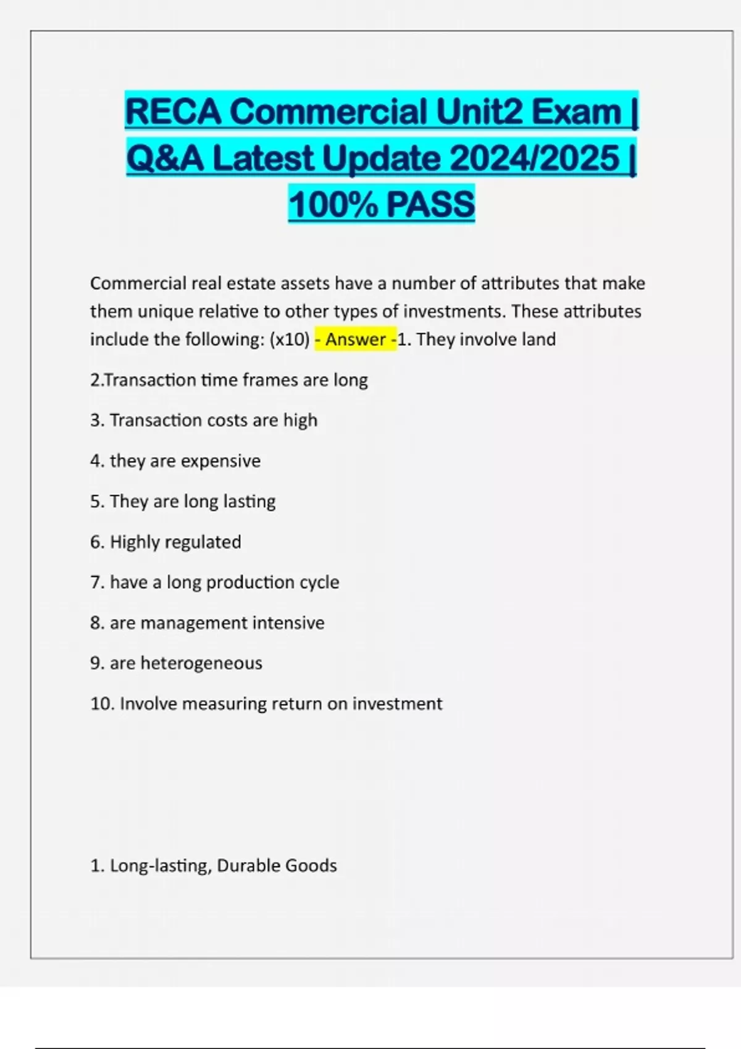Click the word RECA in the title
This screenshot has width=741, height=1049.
click(174, 112)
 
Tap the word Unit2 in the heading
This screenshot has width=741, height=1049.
click(479, 112)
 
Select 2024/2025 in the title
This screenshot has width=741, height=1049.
click(534, 158)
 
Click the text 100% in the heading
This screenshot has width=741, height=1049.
click(332, 204)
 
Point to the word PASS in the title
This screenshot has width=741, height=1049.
click(430, 204)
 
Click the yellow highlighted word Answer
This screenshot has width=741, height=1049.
click(356, 339)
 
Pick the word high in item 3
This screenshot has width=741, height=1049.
click(300, 420)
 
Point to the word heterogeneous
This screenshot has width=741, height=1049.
click(201, 663)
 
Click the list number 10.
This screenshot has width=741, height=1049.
click(101, 703)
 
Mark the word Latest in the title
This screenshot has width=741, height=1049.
click(263, 158)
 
